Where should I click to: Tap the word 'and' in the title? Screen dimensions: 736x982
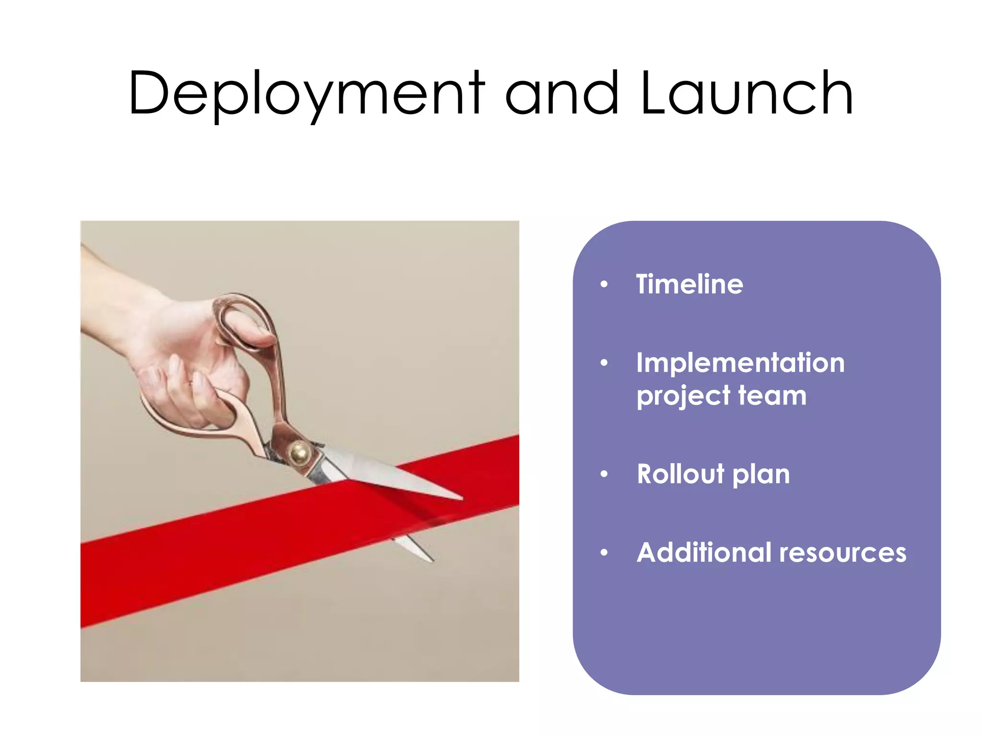point(562,93)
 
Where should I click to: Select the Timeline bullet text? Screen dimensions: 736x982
point(690,284)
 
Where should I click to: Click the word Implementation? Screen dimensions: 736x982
point(740,363)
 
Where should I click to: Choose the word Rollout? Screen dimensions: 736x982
point(680,474)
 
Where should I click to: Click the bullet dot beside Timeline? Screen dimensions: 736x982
point(604,285)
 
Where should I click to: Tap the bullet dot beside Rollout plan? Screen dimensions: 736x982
point(604,474)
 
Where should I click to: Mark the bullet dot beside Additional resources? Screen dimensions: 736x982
point(604,553)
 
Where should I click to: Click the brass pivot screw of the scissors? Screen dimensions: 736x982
point(300,451)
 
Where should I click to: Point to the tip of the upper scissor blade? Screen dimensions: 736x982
point(460,498)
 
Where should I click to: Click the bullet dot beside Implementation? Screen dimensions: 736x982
point(604,363)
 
